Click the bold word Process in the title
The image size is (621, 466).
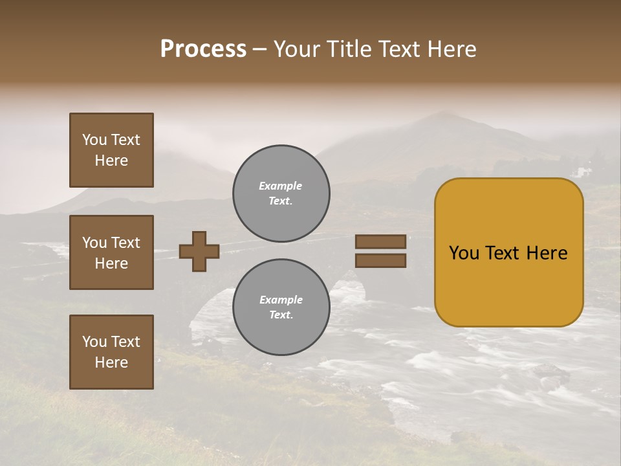203,49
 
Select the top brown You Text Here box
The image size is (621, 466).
111,150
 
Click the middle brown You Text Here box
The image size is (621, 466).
111,252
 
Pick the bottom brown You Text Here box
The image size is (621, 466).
111,352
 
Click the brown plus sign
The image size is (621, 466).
199,251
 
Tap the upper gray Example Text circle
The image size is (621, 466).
281,194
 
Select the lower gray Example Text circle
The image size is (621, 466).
281,307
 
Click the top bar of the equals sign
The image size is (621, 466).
380,242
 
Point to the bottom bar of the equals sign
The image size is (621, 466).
380,261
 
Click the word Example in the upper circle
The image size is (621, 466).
281,186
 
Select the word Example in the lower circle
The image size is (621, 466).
281,300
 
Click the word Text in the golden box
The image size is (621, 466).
508,253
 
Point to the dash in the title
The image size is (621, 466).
259,49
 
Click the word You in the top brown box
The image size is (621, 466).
94,140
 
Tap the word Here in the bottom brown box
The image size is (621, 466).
111,362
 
